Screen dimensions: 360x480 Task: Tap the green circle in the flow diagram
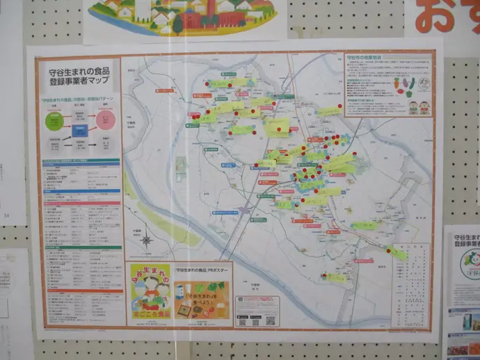[54, 122]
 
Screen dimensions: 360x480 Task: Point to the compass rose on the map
[147, 240]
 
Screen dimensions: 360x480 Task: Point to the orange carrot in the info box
[397, 85]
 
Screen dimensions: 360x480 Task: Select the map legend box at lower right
[415, 275]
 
